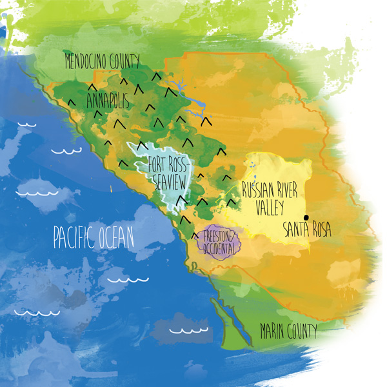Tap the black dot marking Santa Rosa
(x=306, y=217)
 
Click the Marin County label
(x=288, y=332)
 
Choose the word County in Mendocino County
(x=124, y=62)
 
